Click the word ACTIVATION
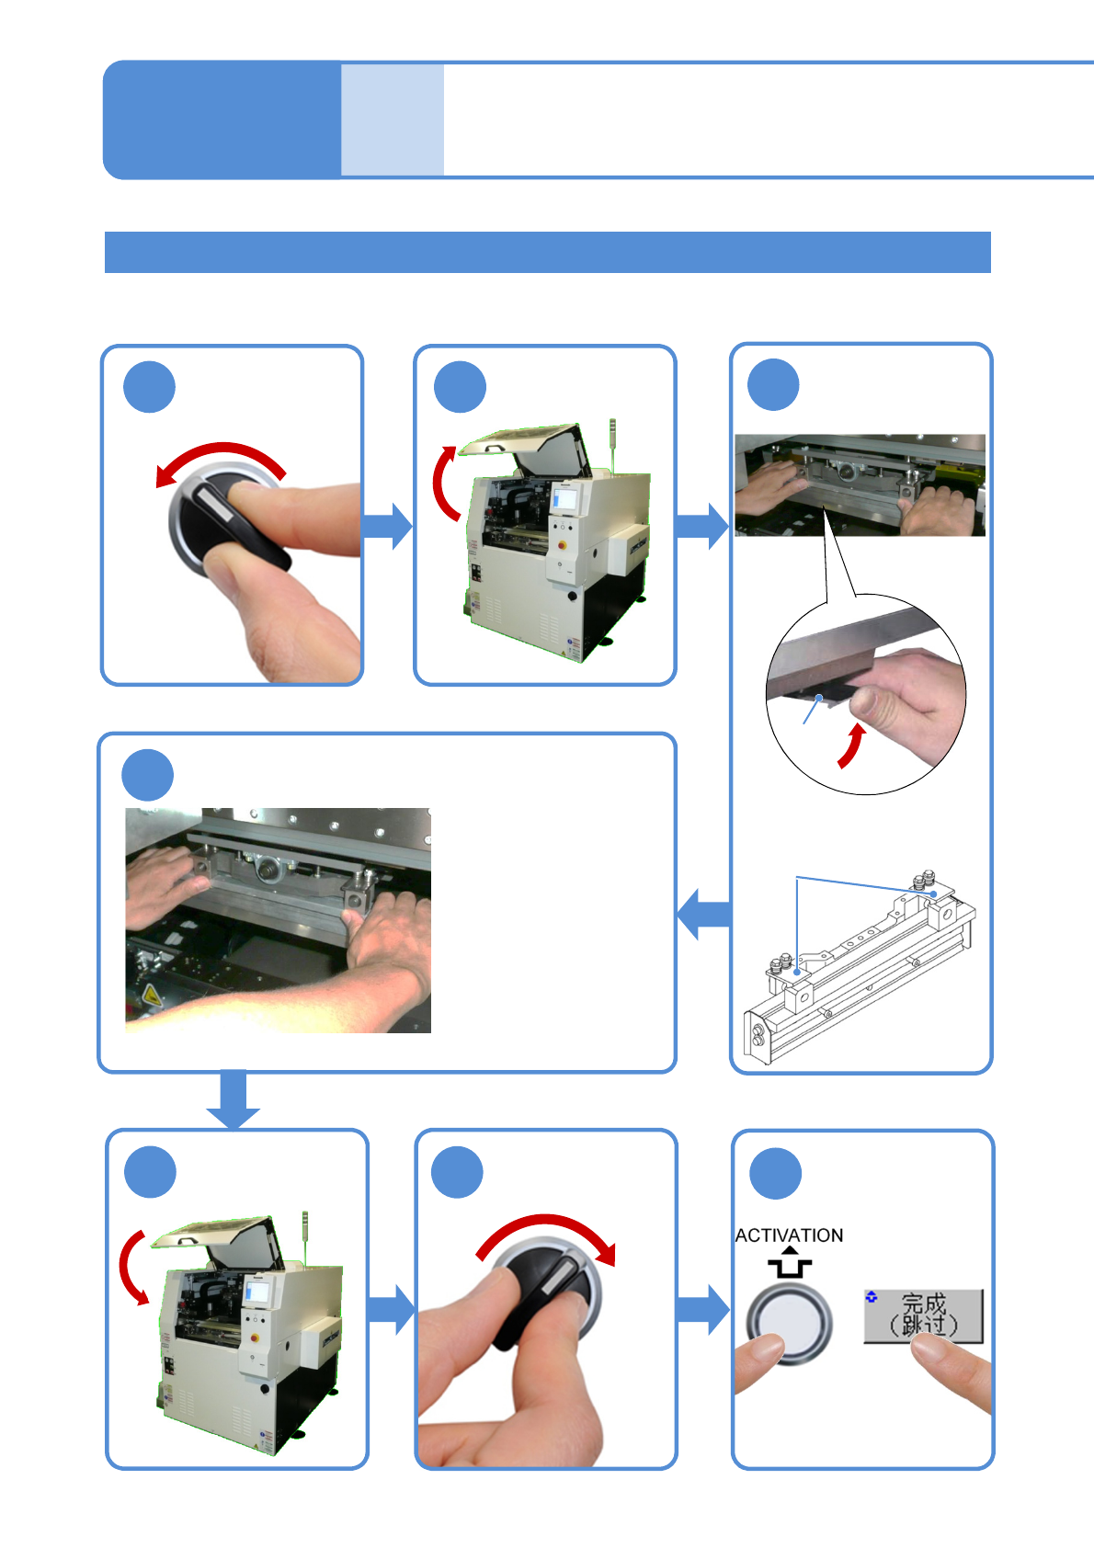click(x=789, y=1235)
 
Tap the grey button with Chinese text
click(x=923, y=1315)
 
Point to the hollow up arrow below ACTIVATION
click(x=790, y=1263)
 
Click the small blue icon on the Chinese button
click(x=872, y=1297)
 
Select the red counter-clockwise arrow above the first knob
click(x=221, y=460)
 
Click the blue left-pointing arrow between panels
click(x=704, y=914)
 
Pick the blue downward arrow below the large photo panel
click(x=234, y=1099)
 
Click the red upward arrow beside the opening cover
click(x=444, y=483)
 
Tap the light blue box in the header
click(x=393, y=120)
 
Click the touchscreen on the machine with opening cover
click(x=565, y=500)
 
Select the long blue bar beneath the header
click(x=547, y=252)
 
